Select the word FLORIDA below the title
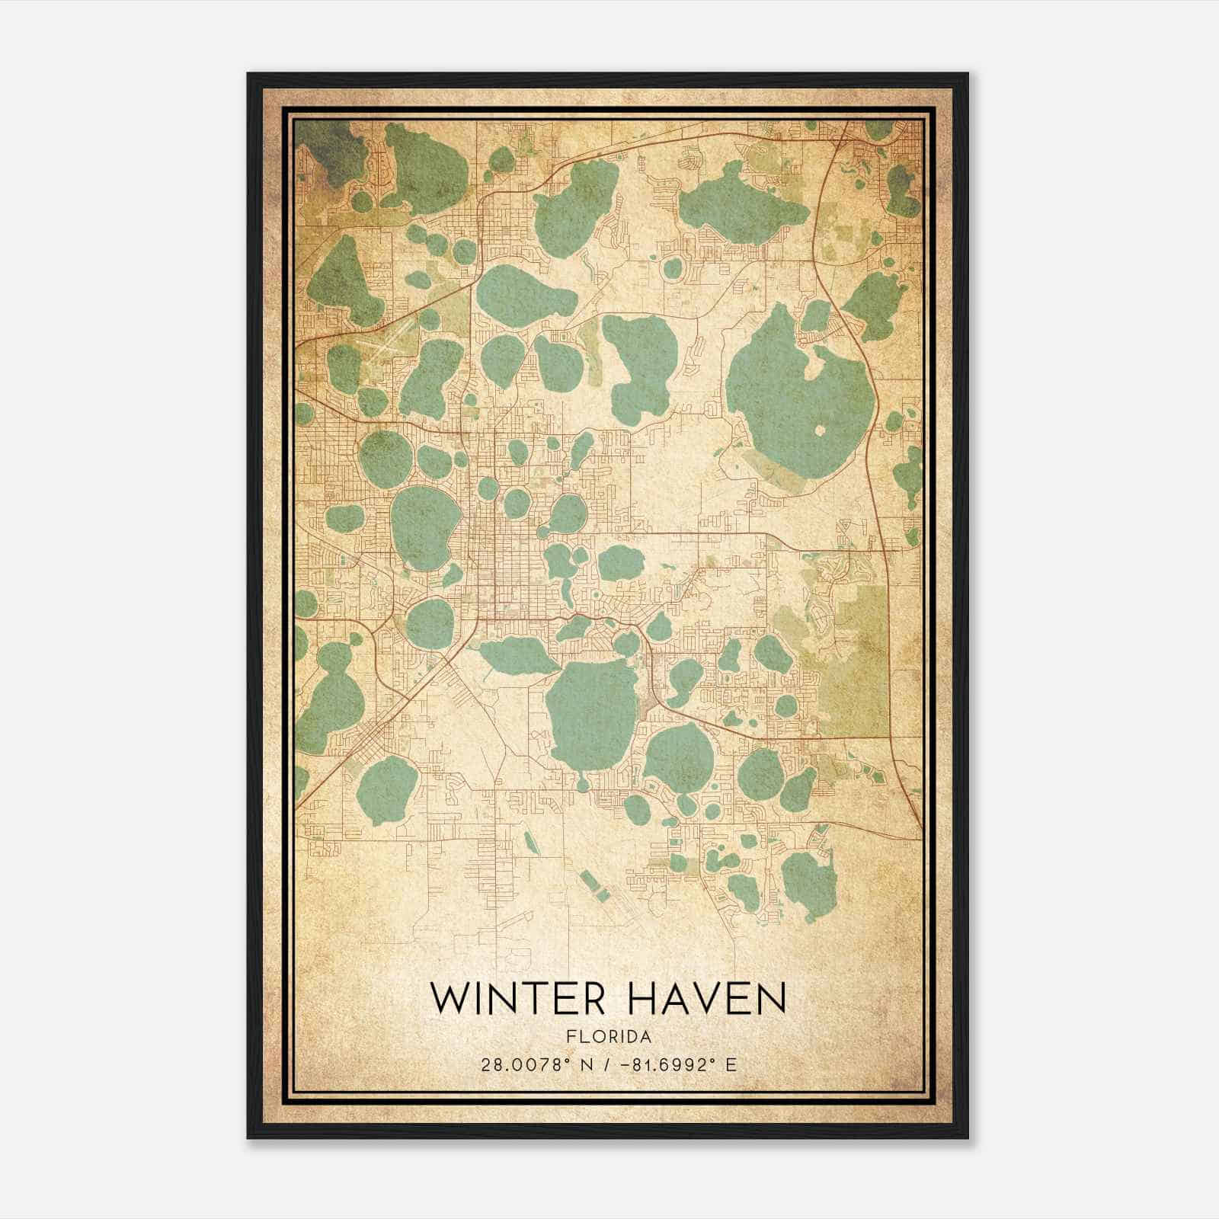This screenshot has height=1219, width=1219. tap(609, 1037)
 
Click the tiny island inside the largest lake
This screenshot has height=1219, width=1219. tap(820, 430)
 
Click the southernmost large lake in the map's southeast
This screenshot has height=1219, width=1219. tap(809, 884)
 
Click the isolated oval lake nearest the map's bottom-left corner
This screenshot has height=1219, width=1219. tap(387, 789)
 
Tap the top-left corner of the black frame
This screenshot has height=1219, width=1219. tap(248, 75)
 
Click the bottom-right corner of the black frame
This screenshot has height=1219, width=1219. tap(967, 1137)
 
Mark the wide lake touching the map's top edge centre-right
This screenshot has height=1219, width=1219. tap(731, 202)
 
